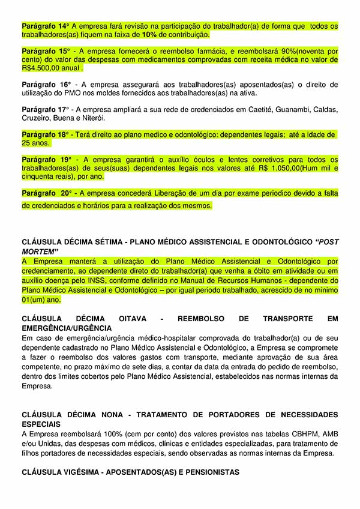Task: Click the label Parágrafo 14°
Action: tap(46, 26)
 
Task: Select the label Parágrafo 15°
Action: tap(46, 51)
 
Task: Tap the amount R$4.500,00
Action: tap(44, 69)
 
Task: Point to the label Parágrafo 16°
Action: tap(46, 84)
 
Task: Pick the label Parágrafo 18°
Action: tap(46, 134)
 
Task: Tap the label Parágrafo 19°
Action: tap(46, 159)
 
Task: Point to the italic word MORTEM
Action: tap(40, 250)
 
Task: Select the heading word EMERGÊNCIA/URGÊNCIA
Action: tap(67, 328)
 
